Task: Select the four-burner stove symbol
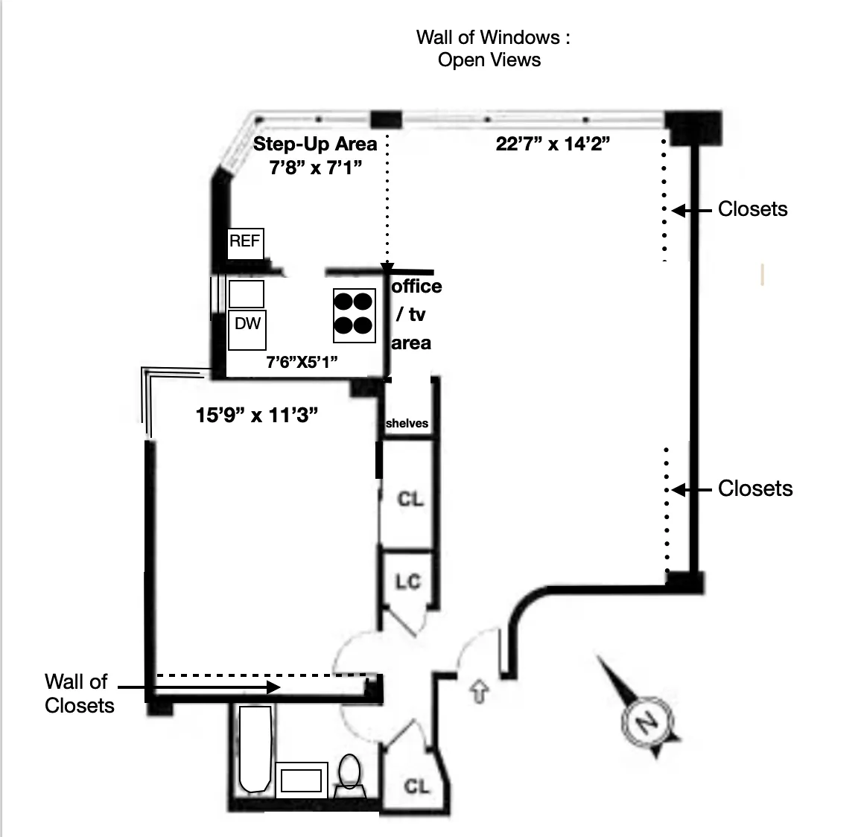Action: click(352, 314)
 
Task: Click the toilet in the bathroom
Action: click(349, 771)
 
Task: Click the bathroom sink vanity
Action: click(302, 780)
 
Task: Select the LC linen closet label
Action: click(407, 582)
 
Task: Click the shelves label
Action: click(407, 423)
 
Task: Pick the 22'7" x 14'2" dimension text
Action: click(553, 144)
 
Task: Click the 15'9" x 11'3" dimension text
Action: click(257, 415)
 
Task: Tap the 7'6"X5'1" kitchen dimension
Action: click(302, 363)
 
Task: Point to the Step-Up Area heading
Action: click(315, 144)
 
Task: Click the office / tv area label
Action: click(416, 314)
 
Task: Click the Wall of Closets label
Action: click(79, 693)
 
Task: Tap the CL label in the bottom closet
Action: click(416, 786)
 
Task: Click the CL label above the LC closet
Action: click(410, 498)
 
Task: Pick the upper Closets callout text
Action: click(752, 209)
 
